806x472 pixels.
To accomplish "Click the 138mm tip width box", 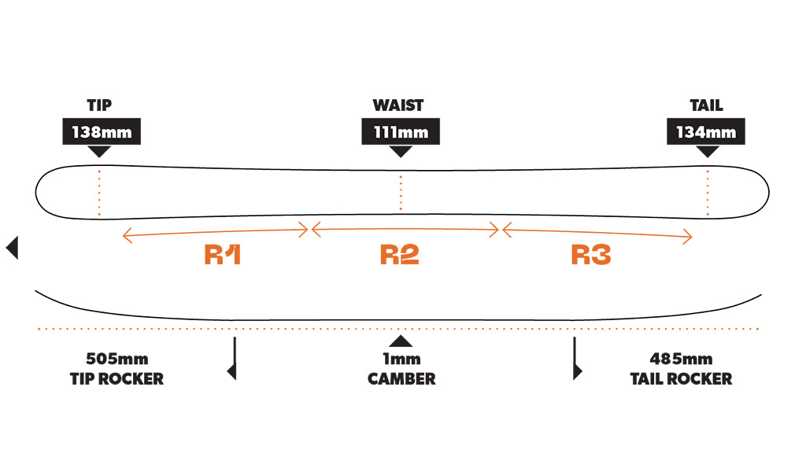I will (x=102, y=132).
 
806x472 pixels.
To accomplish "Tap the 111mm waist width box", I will (x=401, y=132).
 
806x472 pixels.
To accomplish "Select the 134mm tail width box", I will (x=705, y=132).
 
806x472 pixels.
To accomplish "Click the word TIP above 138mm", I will (x=99, y=105).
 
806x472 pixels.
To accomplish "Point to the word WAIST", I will (x=398, y=105).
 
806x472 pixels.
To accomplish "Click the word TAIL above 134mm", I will (x=705, y=105).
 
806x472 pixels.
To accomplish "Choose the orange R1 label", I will (x=223, y=255).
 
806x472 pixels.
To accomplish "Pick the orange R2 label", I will (x=400, y=255).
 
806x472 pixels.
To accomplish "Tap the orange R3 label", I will (x=591, y=255).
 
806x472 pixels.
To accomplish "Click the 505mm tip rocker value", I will (x=116, y=360).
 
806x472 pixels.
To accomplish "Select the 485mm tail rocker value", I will (x=681, y=360).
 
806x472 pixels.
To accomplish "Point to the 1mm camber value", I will (x=401, y=360).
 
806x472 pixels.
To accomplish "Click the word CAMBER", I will (x=401, y=378).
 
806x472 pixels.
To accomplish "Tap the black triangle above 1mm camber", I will (x=401, y=341).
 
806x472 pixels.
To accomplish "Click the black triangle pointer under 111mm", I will (x=401, y=151).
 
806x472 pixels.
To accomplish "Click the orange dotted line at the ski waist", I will (x=401, y=193).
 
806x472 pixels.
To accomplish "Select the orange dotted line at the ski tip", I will (x=99, y=192).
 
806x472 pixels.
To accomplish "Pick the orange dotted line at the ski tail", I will (x=708, y=192).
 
